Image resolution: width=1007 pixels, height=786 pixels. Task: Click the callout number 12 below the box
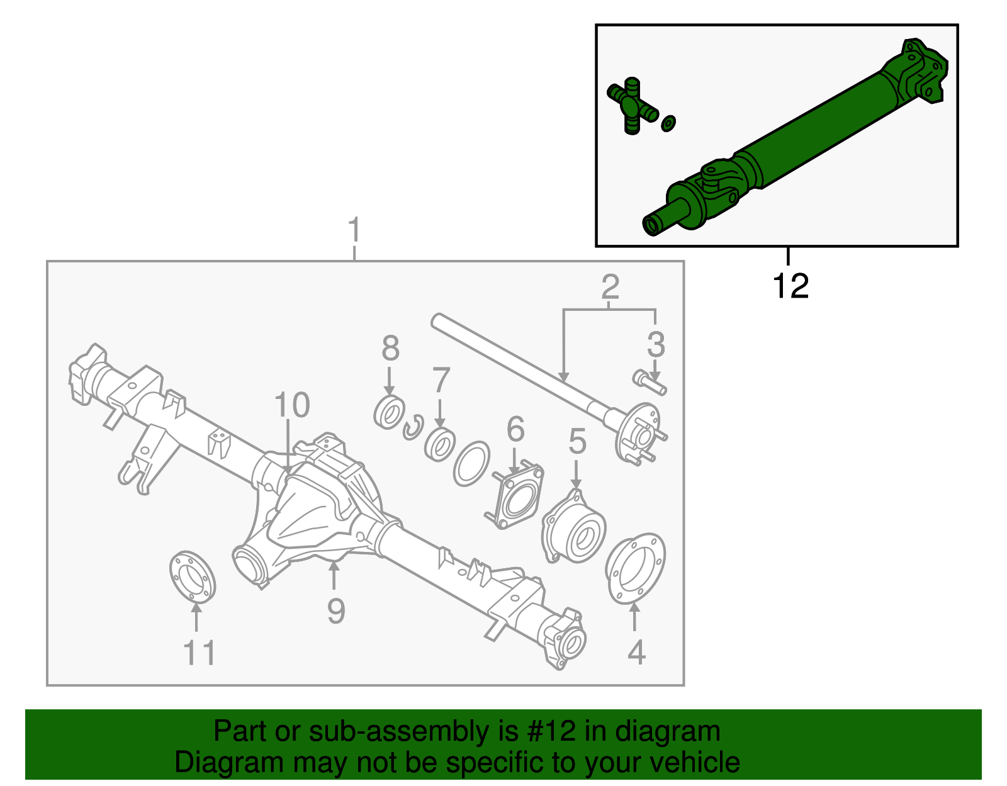(x=790, y=286)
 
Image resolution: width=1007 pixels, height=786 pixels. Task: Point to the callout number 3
(x=656, y=344)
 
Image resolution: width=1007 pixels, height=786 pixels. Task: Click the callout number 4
(x=636, y=652)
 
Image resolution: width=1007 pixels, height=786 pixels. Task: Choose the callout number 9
(x=336, y=610)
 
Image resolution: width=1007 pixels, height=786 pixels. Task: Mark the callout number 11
(x=200, y=653)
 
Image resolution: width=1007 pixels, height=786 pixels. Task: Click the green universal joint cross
(x=632, y=106)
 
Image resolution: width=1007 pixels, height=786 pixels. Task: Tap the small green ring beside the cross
(x=668, y=123)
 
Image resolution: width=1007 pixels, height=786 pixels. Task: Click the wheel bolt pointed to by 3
(x=649, y=382)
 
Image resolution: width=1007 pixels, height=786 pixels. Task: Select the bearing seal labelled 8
(x=389, y=413)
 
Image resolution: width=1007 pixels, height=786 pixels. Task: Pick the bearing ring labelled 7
(x=440, y=444)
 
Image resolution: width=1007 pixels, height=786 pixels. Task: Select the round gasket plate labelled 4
(x=634, y=569)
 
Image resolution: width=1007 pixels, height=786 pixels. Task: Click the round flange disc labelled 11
(x=192, y=576)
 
